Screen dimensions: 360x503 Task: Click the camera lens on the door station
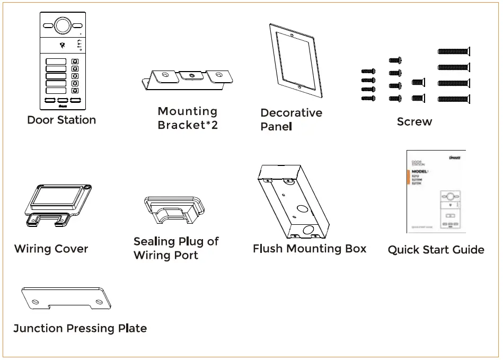click(63, 25)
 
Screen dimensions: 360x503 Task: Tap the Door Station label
click(61, 120)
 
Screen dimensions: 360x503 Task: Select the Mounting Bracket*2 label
click(188, 118)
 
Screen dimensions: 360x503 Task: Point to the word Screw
click(414, 122)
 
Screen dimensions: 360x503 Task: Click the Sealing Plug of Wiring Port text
click(175, 248)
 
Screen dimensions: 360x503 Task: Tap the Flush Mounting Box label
click(310, 249)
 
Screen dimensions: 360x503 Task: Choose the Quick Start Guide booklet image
click(436, 191)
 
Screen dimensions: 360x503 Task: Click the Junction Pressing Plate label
click(80, 328)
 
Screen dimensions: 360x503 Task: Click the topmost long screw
click(454, 51)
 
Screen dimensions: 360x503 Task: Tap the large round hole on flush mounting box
click(307, 231)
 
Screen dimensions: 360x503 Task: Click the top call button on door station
click(75, 62)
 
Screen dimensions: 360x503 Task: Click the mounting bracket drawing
click(189, 78)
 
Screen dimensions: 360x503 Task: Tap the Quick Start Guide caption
click(436, 250)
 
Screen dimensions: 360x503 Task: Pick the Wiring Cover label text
click(51, 249)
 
